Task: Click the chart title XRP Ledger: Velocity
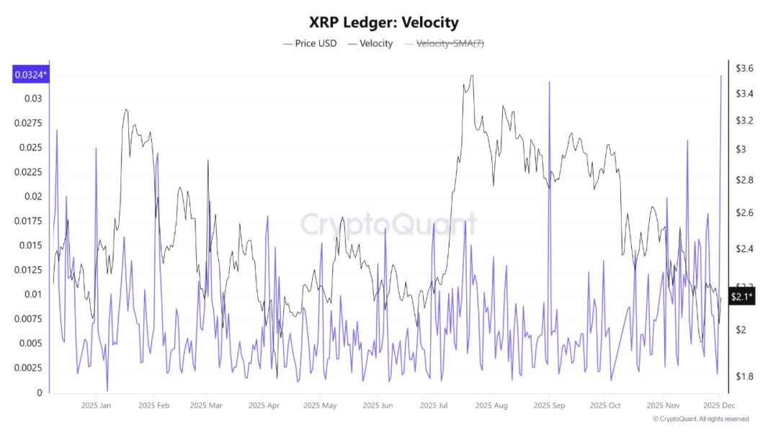tap(383, 23)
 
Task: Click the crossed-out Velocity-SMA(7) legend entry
tap(445, 44)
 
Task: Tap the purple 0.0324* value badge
tap(30, 74)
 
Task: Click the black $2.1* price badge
tap(741, 297)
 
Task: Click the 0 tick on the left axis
tap(40, 392)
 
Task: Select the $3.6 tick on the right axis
tap(744, 68)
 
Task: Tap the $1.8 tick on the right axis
tap(744, 377)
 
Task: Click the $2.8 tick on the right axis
tap(744, 180)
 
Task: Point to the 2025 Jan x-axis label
tap(96, 406)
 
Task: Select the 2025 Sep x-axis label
tap(549, 406)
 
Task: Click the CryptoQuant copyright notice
tap(700, 419)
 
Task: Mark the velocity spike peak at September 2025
tap(549, 81)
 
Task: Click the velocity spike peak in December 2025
tap(721, 76)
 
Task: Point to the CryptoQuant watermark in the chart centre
tap(388, 224)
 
